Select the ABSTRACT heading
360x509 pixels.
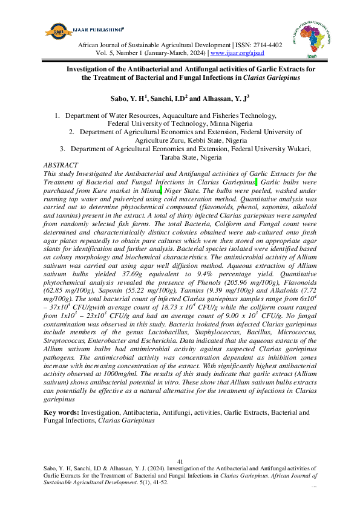tap(61, 165)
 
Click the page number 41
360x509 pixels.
tap(180, 461)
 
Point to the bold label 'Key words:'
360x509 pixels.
tap(62, 413)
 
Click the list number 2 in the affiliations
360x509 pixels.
tap(71, 131)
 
